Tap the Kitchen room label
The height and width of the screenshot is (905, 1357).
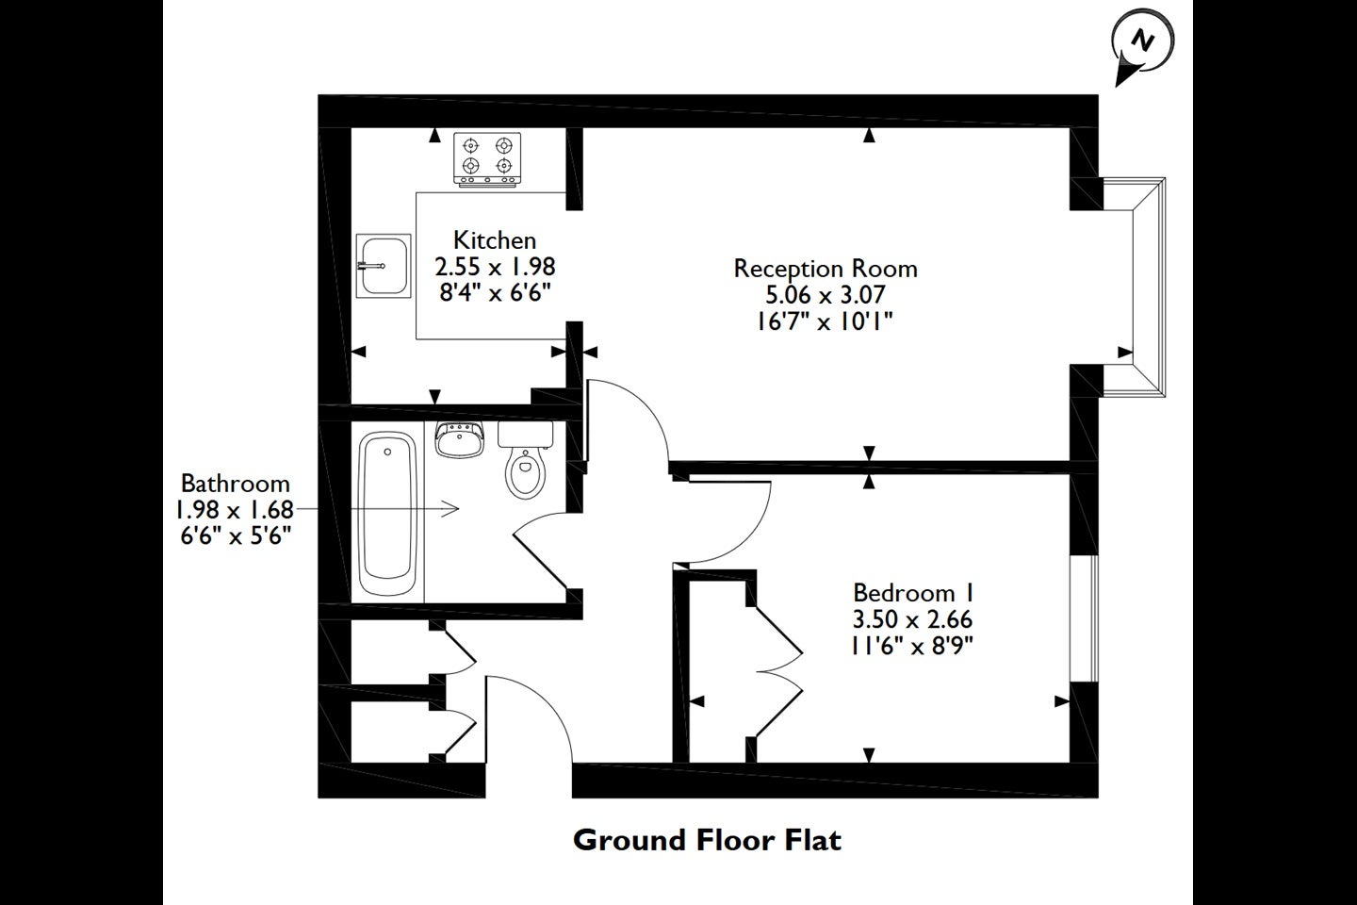(495, 240)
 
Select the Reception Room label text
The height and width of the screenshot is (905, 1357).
(826, 269)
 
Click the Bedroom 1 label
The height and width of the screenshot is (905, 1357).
(912, 592)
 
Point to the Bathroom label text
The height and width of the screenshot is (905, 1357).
(235, 484)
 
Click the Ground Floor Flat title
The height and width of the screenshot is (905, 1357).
(707, 840)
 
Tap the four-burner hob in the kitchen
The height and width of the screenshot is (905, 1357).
(488, 158)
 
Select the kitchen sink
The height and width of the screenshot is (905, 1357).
(384, 266)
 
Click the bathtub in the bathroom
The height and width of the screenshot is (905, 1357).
(387, 514)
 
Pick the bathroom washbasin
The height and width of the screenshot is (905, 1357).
(460, 439)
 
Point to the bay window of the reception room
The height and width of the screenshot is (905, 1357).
(1133, 288)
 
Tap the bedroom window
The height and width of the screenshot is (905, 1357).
(1085, 618)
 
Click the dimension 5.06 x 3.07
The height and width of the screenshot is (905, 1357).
(826, 295)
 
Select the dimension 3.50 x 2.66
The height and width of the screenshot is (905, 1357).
(912, 619)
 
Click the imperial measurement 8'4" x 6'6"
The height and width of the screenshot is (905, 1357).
(495, 293)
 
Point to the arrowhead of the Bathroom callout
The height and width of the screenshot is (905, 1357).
(450, 509)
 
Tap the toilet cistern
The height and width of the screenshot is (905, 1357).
(525, 435)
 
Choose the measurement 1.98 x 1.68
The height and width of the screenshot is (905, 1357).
(235, 510)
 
